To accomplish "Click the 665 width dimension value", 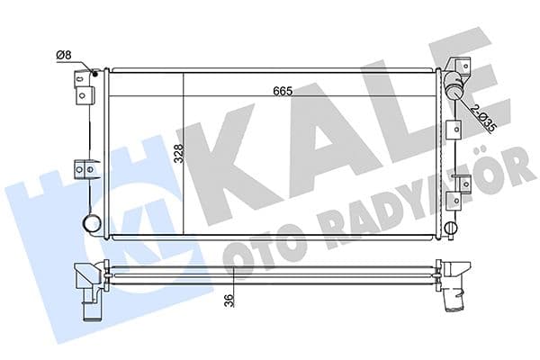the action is [283, 91].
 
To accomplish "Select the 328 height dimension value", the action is [179, 153].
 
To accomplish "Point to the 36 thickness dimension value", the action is [229, 301].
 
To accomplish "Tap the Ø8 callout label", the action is [64, 55].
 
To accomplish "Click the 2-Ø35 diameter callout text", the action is [483, 118].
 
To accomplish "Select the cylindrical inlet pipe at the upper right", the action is [454, 86].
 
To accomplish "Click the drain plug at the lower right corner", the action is [451, 228].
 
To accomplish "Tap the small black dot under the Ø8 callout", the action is [95, 73].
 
